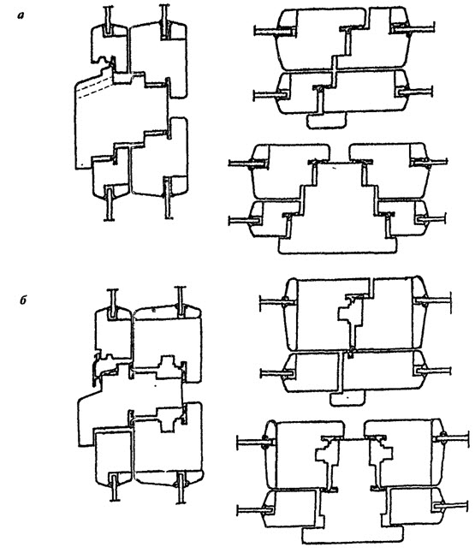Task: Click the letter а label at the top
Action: [x=21, y=15]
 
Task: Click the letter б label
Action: [x=23, y=300]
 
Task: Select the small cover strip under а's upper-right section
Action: [x=327, y=121]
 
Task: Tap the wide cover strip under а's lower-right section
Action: [x=337, y=245]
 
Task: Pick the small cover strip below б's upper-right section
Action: [x=347, y=399]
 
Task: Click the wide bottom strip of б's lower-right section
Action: [x=353, y=535]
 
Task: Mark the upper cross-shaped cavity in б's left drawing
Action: [x=167, y=366]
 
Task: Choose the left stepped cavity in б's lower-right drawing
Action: [x=324, y=455]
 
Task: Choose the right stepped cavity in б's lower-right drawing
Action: [x=383, y=454]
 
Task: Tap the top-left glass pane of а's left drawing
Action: [x=110, y=21]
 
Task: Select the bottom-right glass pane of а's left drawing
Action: [x=169, y=199]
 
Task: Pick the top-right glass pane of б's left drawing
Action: [x=181, y=300]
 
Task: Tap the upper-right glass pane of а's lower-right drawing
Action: [x=430, y=163]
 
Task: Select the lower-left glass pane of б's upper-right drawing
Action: [x=278, y=372]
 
